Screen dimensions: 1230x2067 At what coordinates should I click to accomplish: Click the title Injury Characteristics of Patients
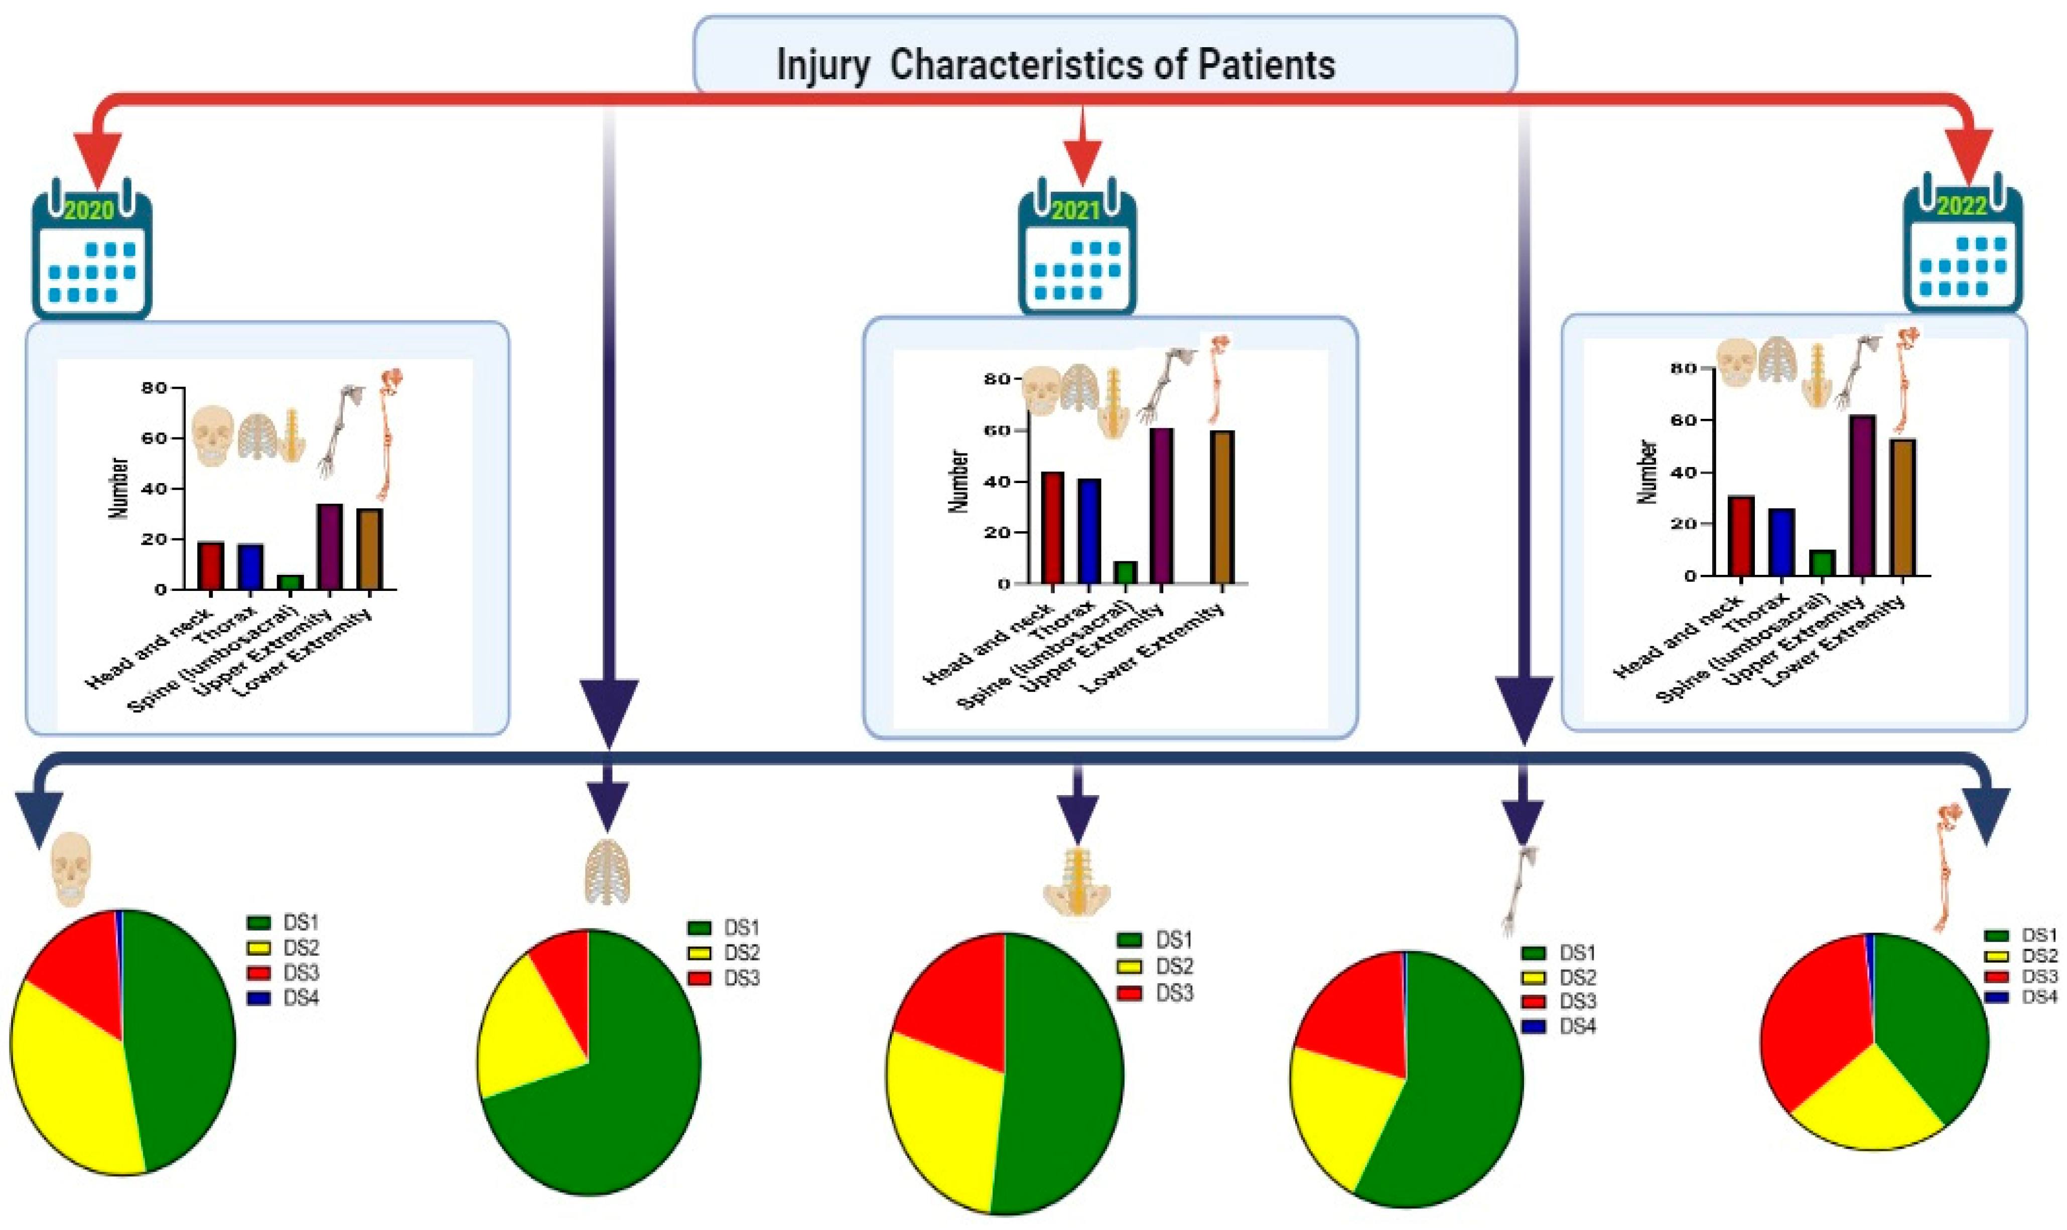click(1055, 65)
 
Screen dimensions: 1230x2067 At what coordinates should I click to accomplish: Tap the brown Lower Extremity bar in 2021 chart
click(1222, 507)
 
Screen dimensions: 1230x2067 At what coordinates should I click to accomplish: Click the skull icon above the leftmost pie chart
click(70, 869)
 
